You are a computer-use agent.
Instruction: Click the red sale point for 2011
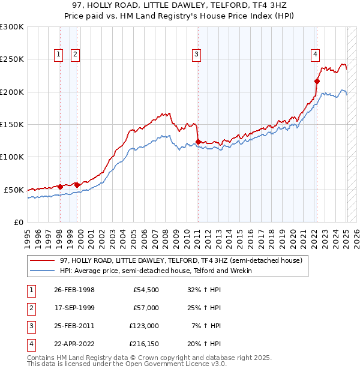[198, 142]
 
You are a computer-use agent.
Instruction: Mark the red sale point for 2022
[317, 81]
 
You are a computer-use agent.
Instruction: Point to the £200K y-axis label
[13, 92]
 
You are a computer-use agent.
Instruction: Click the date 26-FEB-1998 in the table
[74, 290]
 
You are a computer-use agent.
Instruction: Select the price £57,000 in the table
[145, 308]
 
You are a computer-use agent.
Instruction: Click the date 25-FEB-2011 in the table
[74, 326]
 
